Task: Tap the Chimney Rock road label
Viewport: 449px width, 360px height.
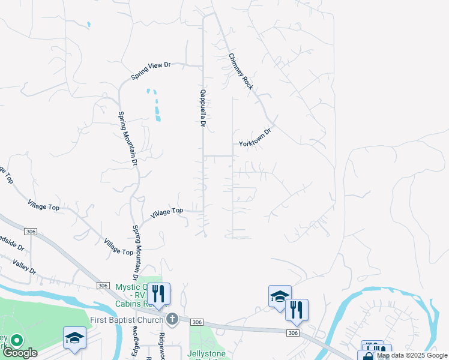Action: (x=241, y=71)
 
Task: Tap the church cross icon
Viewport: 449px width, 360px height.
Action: (x=172, y=319)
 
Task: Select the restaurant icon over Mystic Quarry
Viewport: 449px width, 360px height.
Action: (x=158, y=294)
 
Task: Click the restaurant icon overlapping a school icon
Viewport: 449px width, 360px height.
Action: (x=297, y=310)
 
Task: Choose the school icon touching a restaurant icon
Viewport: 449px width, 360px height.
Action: (x=279, y=297)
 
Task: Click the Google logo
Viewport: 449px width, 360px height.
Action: (x=20, y=353)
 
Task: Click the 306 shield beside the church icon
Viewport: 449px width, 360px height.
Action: (x=196, y=322)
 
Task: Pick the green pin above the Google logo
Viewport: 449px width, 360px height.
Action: (x=16, y=341)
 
